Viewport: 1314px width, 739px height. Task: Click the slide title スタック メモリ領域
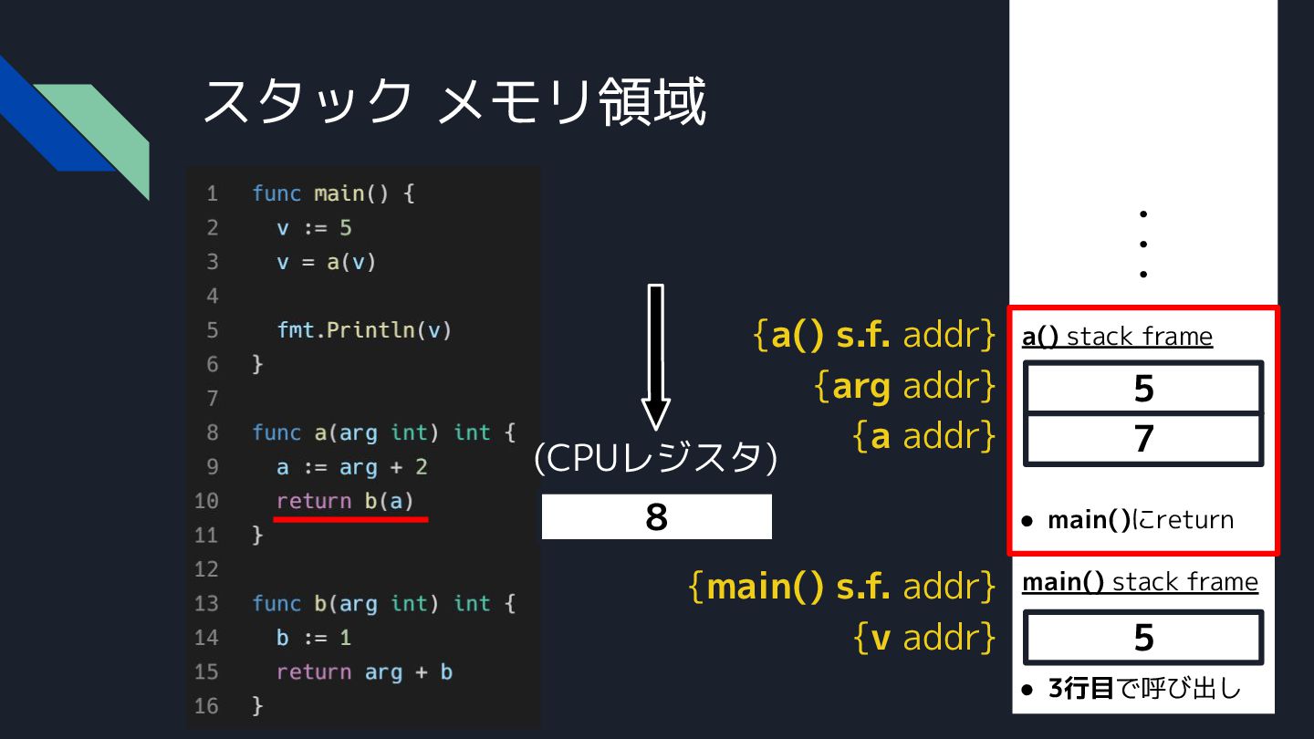click(454, 100)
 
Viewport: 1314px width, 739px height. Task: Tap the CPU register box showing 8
click(656, 517)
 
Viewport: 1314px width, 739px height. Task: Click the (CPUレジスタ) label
click(655, 458)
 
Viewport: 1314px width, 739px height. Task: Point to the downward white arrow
click(655, 356)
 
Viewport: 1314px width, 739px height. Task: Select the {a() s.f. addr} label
click(874, 336)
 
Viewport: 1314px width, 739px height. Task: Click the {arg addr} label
click(903, 387)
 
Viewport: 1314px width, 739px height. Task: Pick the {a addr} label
click(923, 437)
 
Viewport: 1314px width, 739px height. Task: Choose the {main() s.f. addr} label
click(841, 586)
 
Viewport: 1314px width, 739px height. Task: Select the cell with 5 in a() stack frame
click(1143, 389)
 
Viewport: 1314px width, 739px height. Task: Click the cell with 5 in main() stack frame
click(1143, 638)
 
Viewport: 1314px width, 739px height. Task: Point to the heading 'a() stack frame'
click(1117, 337)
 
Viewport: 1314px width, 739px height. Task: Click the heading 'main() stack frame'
click(1140, 582)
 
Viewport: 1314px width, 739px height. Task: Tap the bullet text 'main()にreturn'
click(1140, 520)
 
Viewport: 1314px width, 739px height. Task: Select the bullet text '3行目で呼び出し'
click(1144, 688)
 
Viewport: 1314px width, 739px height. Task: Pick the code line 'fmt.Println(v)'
click(364, 330)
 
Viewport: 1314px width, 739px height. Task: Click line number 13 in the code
click(207, 604)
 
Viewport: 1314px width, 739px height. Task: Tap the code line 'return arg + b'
click(364, 672)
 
